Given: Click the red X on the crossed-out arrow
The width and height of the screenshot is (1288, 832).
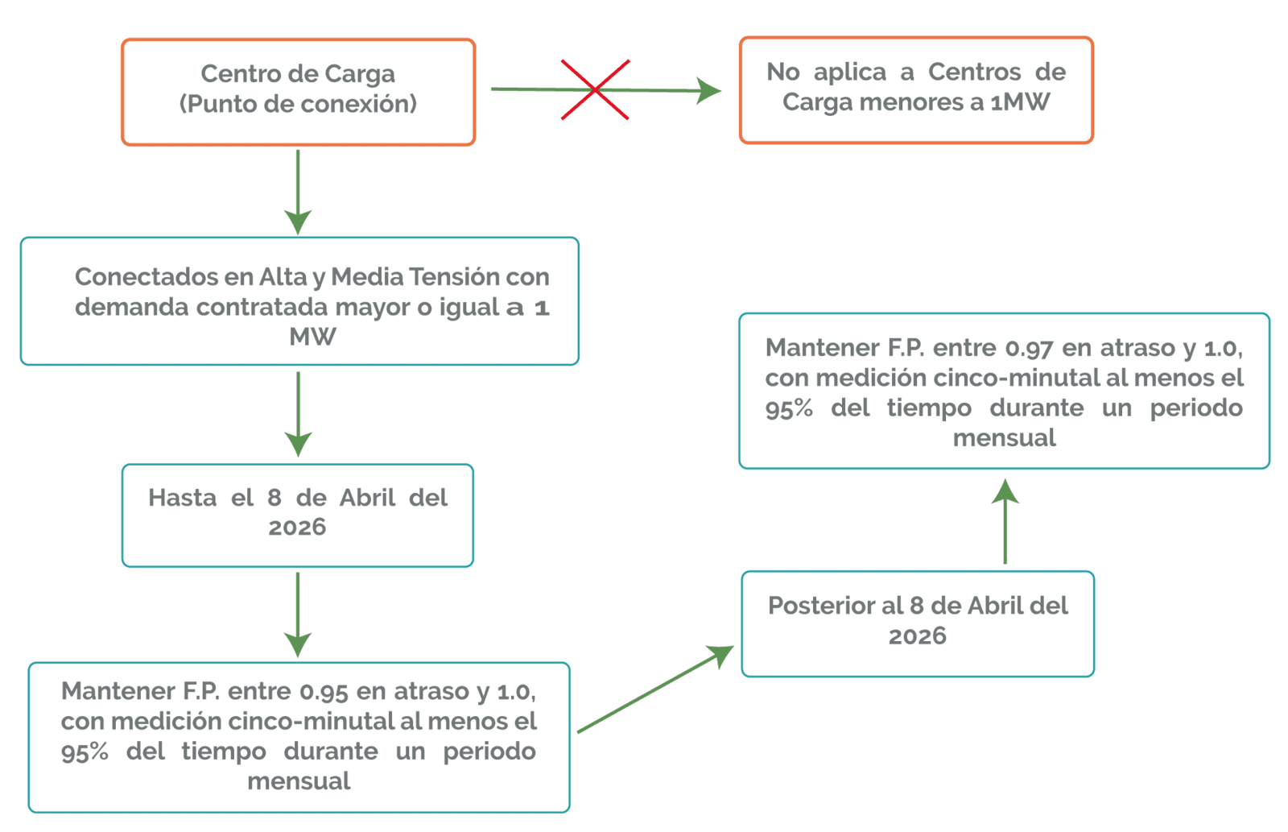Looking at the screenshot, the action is [x=595, y=89].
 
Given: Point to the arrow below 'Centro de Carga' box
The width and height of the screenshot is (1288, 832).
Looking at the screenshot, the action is [x=298, y=192].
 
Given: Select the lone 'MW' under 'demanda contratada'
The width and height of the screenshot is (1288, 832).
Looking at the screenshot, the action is [x=312, y=337].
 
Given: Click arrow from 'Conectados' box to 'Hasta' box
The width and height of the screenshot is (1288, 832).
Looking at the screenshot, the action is [x=298, y=414].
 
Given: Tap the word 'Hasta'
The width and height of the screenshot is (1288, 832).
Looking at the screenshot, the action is [x=182, y=498].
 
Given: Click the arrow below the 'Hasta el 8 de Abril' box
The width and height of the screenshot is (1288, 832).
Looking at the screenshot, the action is [x=298, y=615].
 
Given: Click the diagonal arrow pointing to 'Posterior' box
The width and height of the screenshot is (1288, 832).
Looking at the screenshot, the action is [x=656, y=689].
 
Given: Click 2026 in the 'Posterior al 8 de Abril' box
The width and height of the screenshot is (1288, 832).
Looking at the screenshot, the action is [x=917, y=636].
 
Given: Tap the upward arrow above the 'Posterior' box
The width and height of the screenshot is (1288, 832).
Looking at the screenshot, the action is [x=1005, y=521].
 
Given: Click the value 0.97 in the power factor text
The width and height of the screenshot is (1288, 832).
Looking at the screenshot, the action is [x=1030, y=348].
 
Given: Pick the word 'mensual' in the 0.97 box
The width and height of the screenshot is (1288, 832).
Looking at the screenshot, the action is [x=1005, y=438].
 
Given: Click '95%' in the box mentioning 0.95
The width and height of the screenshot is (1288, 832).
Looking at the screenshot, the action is [x=85, y=752].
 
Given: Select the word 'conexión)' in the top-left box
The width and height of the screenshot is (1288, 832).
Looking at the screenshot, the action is [x=359, y=104].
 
